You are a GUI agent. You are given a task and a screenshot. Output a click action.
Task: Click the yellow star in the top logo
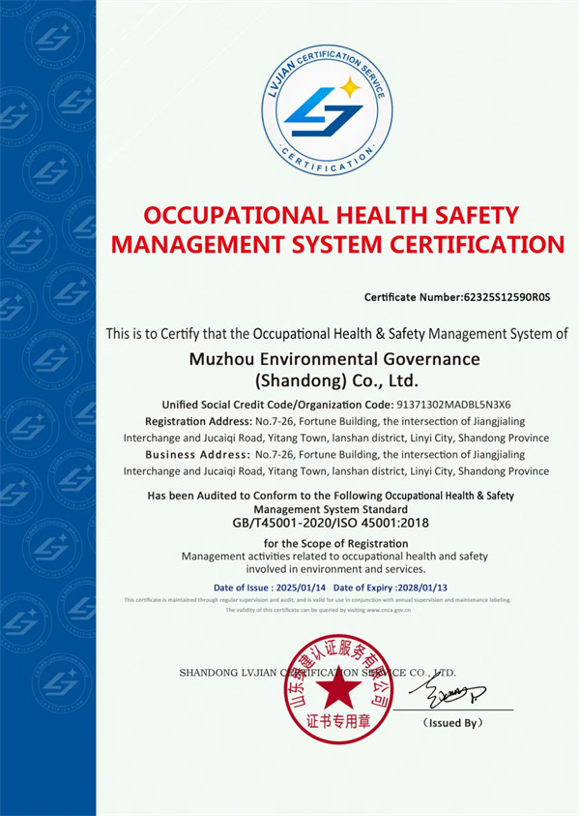point(351,88)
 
